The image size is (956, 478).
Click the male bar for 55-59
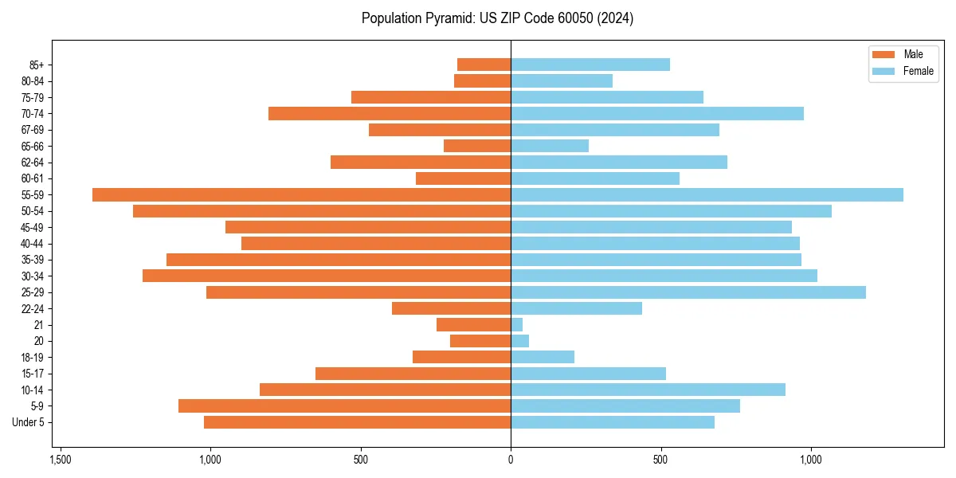301,195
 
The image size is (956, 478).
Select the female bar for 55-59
707,195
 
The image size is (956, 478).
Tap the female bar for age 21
516,325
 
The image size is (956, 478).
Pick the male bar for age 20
480,341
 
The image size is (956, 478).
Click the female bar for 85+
590,65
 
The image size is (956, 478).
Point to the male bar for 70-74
390,114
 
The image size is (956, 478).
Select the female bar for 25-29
688,292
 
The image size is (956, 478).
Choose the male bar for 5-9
344,406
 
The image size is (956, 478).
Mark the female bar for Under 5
612,422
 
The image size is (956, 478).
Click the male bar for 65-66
477,146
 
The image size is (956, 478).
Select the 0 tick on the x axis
511,460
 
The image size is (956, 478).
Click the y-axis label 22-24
33,309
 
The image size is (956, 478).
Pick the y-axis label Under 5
29,422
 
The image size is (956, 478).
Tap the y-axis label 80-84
33,81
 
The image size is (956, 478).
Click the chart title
497,18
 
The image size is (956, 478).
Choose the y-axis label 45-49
33,228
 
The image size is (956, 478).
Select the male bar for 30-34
327,276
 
